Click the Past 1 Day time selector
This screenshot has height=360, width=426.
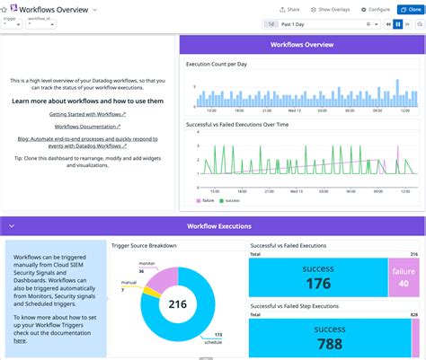point(315,24)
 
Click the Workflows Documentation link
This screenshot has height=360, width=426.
point(88,127)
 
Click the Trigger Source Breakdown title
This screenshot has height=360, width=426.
point(144,245)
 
